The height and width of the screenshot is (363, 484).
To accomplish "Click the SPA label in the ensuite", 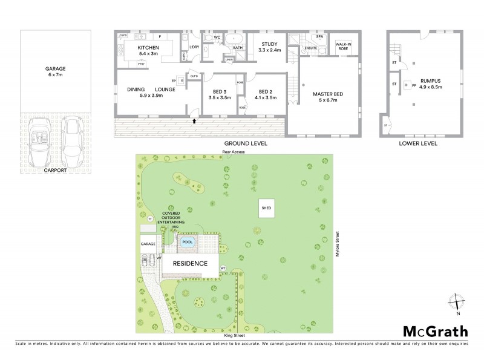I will pyautogui.click(x=320, y=37).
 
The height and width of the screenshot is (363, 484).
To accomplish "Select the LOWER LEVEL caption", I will pyautogui.click(x=419, y=145).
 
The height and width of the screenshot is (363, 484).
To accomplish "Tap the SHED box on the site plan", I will pyautogui.click(x=266, y=208).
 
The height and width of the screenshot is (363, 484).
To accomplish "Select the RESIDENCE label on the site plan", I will pyautogui.click(x=191, y=264).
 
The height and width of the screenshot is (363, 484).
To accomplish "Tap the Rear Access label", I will pyautogui.click(x=234, y=152).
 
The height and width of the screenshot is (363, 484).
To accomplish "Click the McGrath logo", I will pyautogui.click(x=436, y=331).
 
